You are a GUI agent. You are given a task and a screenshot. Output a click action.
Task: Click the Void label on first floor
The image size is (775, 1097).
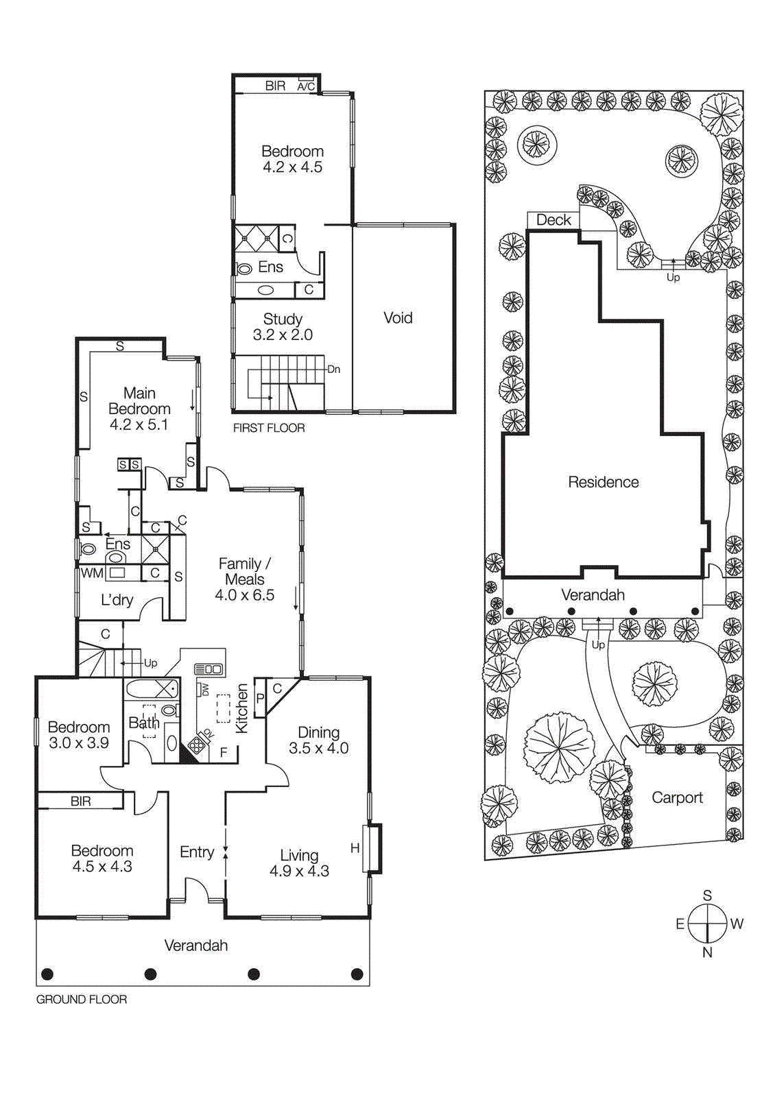[x=398, y=318]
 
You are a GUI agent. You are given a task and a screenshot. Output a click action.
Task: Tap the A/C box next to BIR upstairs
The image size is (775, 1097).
[x=306, y=86]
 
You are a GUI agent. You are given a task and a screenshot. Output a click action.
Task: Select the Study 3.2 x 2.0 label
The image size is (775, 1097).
[x=283, y=327]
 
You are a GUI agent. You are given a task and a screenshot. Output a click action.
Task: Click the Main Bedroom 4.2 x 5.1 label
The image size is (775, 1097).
[x=139, y=409]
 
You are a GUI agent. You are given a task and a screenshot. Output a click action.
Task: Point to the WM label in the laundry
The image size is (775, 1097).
[x=92, y=573]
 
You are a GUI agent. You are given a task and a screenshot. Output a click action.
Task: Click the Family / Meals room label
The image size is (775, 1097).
[x=245, y=579]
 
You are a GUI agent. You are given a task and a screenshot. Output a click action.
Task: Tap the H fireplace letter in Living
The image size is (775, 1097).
[x=355, y=848]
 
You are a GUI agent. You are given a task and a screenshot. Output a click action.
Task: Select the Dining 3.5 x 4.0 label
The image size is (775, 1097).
[x=319, y=740]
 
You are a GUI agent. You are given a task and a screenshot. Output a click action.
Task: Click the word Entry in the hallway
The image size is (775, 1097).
[x=197, y=852]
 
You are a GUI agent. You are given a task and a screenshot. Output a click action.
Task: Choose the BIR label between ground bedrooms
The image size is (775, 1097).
[x=81, y=801]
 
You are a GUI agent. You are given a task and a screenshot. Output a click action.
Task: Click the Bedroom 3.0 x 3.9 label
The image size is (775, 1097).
[x=79, y=735]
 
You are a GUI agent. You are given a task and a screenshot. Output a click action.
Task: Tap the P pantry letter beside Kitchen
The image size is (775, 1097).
[x=261, y=699]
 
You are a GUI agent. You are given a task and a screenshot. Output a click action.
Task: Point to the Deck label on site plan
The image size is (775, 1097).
[x=553, y=220]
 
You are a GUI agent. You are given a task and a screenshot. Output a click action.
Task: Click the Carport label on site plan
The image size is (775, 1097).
[x=677, y=797]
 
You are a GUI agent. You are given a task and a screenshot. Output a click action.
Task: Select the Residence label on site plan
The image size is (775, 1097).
[x=603, y=482]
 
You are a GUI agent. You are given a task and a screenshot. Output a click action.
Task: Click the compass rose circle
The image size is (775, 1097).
[x=707, y=924]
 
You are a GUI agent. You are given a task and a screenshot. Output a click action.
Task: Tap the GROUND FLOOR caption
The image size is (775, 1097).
[x=82, y=1000]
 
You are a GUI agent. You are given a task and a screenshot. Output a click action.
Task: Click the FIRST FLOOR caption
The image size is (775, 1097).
[x=269, y=428]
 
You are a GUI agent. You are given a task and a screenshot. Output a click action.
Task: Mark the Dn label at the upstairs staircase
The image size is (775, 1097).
[x=333, y=369]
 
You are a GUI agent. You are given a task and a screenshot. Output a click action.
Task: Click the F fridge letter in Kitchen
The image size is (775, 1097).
[x=224, y=753]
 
